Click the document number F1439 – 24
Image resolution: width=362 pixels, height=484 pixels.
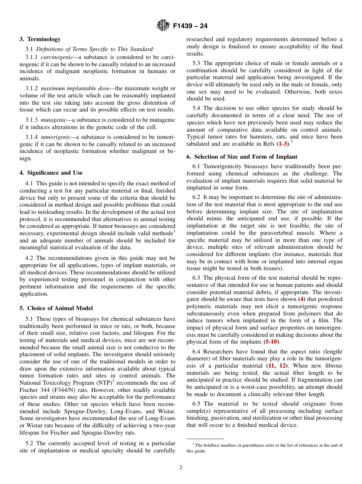(190, 26)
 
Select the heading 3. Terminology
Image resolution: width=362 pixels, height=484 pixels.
(40, 39)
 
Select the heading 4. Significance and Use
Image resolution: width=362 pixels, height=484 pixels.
(51, 173)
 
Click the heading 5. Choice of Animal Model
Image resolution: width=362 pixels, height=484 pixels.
(56, 308)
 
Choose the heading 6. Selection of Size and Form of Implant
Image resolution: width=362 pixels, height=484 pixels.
(242, 157)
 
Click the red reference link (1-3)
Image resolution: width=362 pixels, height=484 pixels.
(283, 144)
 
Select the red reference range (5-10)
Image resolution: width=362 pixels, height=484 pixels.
(272, 342)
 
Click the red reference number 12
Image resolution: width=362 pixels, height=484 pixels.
(283, 366)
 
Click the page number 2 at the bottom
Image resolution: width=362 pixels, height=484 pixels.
(181, 468)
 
